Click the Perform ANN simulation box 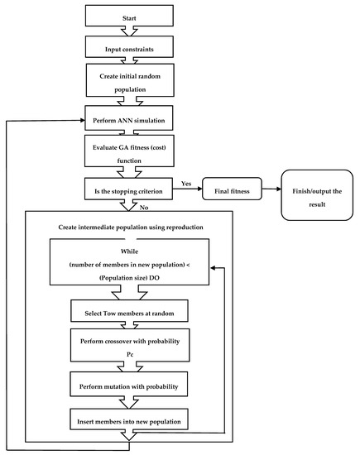(x=127, y=121)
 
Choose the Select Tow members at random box (x=127, y=310)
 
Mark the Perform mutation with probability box (x=127, y=387)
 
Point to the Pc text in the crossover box (x=127, y=355)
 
